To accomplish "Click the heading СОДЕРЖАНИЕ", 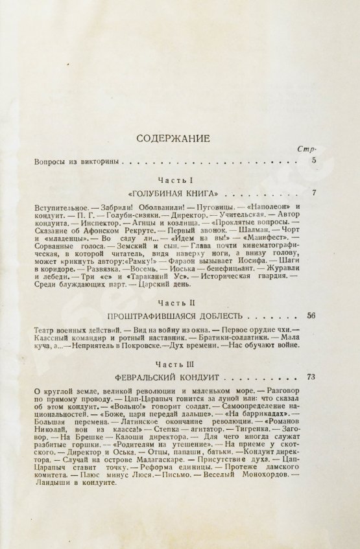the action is tap(180, 138).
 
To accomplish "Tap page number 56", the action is tap(311, 316).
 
